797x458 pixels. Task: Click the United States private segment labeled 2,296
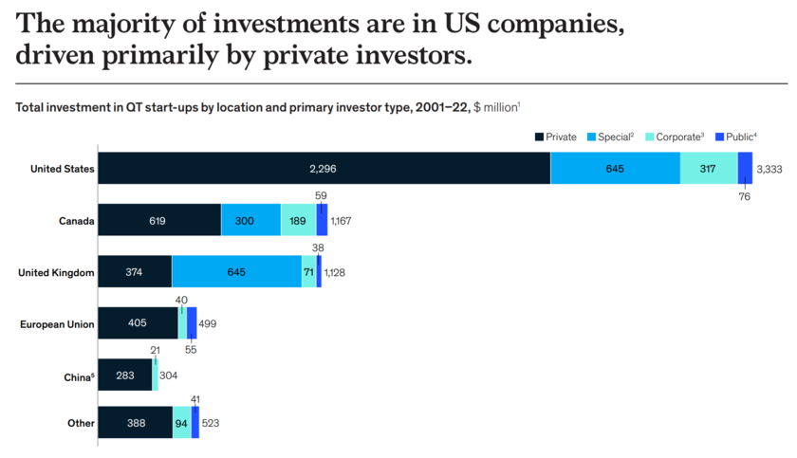[324, 168]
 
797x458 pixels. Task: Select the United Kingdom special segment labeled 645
[236, 272]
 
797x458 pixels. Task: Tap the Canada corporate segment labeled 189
[298, 220]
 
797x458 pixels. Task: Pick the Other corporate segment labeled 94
[181, 423]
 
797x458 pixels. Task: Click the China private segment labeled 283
[125, 375]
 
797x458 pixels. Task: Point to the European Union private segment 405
[138, 323]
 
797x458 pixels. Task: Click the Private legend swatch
[539, 137]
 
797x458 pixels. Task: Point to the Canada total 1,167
[341, 221]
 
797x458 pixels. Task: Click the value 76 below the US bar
[745, 197]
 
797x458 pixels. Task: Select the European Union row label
[57, 324]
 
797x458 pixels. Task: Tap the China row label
[77, 376]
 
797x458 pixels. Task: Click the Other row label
[80, 423]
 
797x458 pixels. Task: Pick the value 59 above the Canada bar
[321, 195]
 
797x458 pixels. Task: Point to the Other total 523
[211, 423]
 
